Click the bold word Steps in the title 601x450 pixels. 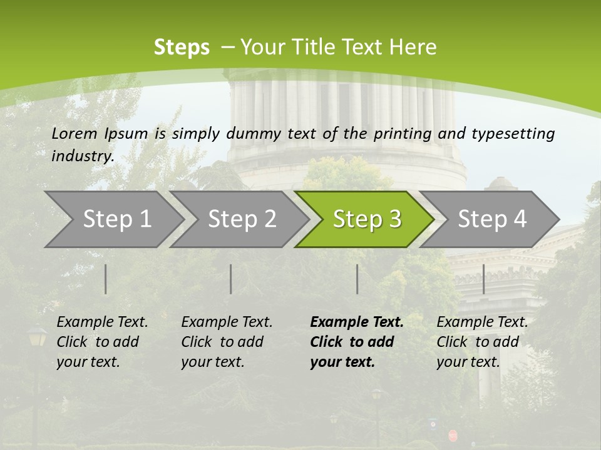click(182, 47)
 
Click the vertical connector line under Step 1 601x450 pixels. click(106, 279)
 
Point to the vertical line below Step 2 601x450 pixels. click(231, 279)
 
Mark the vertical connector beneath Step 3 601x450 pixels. click(357, 279)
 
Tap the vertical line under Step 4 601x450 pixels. click(484, 279)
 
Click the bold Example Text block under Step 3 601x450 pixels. click(356, 342)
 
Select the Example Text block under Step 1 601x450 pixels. click(102, 342)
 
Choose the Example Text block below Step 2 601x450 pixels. click(227, 342)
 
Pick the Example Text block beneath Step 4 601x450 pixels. click(482, 342)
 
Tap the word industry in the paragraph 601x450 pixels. click(81, 156)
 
